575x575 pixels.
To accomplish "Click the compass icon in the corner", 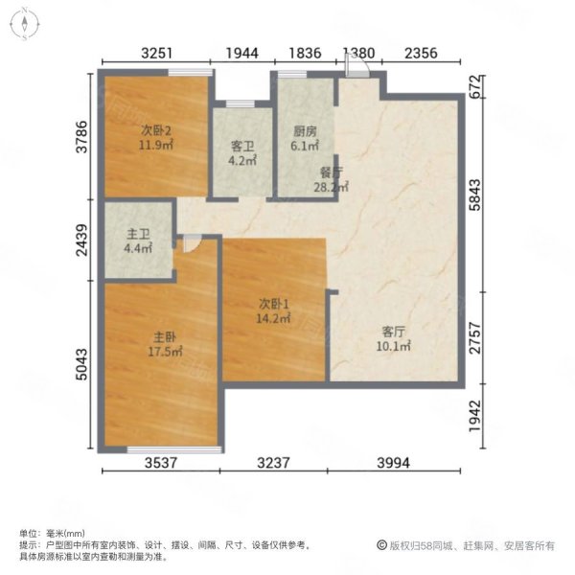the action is point(24,24).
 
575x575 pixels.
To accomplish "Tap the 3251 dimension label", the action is point(156,53).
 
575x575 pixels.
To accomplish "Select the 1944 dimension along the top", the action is point(242,53).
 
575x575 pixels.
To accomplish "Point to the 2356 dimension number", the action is point(421,53).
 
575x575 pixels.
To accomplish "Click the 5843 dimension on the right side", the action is point(474,195).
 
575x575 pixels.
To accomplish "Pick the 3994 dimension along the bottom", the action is point(394,463).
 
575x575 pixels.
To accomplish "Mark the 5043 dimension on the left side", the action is point(81,364).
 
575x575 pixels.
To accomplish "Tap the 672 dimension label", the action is point(474,86).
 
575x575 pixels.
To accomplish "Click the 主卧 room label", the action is point(165,336).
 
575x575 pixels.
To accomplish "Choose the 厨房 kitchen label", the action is point(305,131).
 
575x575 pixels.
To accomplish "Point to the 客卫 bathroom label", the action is point(242,147).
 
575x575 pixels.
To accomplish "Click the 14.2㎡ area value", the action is point(273,318).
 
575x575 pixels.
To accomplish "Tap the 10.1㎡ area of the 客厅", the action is point(394,346).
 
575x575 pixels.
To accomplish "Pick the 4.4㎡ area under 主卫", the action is point(138,248).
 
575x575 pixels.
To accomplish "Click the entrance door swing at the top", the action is point(357,66).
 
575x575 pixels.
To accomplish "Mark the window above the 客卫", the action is point(241,103).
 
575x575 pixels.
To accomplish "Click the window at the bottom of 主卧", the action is point(174,449).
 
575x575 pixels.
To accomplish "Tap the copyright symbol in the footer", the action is point(381,545).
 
